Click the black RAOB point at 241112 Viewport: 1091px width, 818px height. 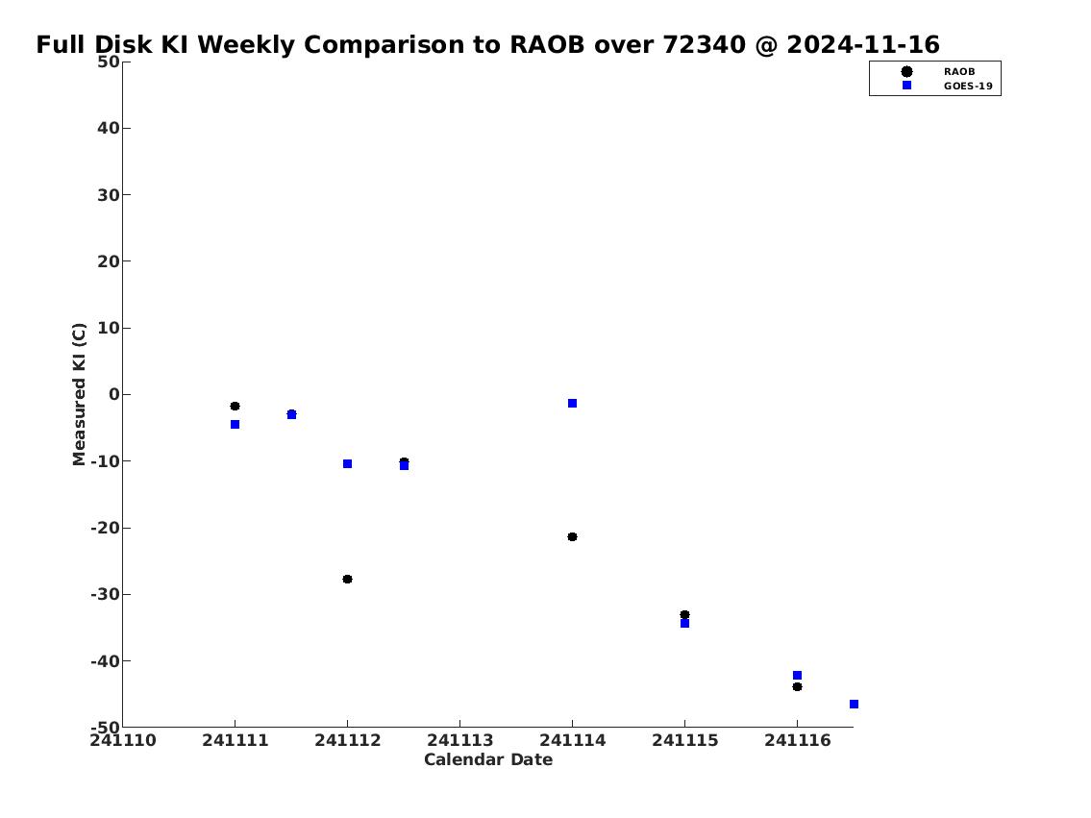click(347, 579)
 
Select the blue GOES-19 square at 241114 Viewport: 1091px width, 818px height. click(572, 404)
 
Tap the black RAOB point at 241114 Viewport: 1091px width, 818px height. click(572, 537)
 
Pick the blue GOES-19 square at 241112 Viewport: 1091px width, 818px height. click(347, 464)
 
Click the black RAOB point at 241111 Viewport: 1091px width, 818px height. click(236, 407)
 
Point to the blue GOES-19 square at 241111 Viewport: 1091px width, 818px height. click(236, 424)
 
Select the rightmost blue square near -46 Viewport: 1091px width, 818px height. click(854, 704)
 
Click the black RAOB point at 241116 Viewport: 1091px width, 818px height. click(798, 686)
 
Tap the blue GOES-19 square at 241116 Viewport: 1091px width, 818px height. click(798, 676)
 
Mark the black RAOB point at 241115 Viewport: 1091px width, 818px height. click(684, 615)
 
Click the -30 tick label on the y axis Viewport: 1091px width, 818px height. click(105, 595)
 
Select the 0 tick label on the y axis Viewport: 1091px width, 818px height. click(114, 394)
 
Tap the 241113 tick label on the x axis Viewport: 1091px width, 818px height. click(459, 740)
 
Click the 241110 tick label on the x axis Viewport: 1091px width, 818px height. click(123, 740)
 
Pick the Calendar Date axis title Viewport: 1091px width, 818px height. click(488, 759)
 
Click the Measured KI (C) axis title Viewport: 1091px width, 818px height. click(80, 394)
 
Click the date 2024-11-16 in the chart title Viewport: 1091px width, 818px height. click(863, 44)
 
